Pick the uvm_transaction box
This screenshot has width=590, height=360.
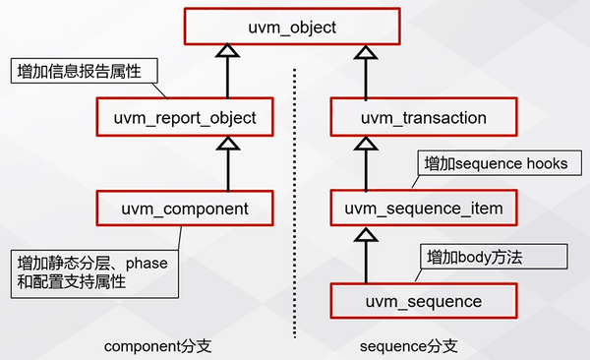423,118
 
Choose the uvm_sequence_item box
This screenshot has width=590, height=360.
423,209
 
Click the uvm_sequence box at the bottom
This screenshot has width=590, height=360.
423,301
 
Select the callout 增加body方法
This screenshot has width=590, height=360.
481,257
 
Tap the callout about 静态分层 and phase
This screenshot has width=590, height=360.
95,273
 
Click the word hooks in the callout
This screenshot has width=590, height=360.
547,163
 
